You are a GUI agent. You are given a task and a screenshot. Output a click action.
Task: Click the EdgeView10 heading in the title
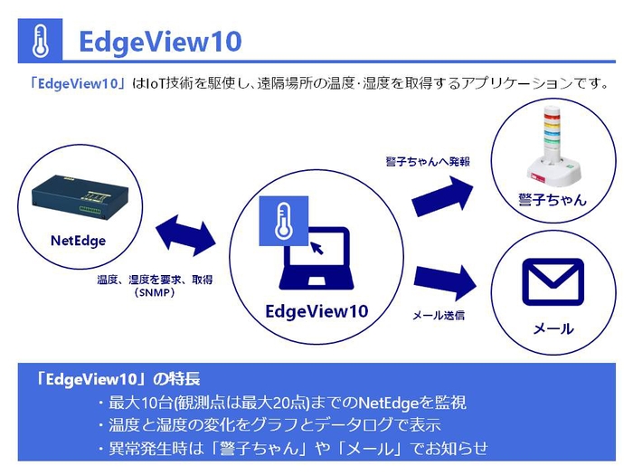160,43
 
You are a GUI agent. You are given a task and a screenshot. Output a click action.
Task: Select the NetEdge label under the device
78,241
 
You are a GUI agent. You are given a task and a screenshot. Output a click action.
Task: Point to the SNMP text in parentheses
155,293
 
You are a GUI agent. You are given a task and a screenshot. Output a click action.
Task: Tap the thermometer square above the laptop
285,221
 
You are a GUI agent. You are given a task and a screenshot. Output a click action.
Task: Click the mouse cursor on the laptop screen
316,246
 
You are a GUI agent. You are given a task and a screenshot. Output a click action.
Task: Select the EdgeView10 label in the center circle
316,311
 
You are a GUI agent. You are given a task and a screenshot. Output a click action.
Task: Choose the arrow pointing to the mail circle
444,283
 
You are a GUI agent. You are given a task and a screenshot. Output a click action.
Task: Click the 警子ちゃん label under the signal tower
552,199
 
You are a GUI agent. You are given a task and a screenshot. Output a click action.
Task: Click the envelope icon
553,283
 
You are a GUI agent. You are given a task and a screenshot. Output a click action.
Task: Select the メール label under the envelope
553,328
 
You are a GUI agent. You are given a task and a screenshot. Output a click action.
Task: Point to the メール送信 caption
439,316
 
